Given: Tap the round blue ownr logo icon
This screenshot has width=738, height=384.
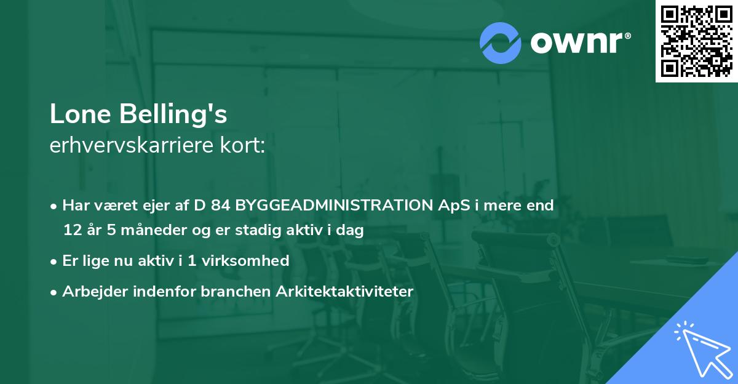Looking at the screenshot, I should [501, 42].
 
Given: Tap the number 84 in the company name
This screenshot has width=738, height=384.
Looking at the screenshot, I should [221, 205].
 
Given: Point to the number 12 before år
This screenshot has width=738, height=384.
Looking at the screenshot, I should [72, 230].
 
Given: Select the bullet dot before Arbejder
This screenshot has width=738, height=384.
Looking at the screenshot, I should [55, 292].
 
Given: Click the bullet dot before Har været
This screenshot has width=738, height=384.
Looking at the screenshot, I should [55, 206].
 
